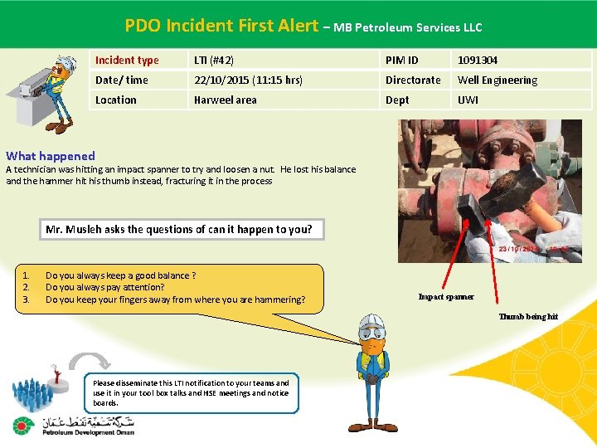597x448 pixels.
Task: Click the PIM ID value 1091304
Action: click(478, 60)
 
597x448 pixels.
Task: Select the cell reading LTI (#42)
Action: click(214, 60)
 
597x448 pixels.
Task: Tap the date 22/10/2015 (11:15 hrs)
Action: click(248, 80)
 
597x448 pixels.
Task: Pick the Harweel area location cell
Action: click(226, 100)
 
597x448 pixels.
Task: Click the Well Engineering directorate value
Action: click(498, 80)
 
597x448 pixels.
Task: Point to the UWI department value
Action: click(468, 100)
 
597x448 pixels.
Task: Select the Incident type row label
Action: click(127, 60)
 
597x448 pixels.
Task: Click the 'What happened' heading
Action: click(51, 155)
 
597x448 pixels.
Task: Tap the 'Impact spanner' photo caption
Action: click(446, 296)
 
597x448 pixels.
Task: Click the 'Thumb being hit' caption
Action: click(528, 316)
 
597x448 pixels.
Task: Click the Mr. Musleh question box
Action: click(179, 229)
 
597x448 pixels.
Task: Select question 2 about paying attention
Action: click(104, 287)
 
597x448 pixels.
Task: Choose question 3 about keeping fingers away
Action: click(175, 299)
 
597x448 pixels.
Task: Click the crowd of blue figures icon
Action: click(36, 394)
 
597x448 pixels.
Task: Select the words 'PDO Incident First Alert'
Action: click(221, 26)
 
